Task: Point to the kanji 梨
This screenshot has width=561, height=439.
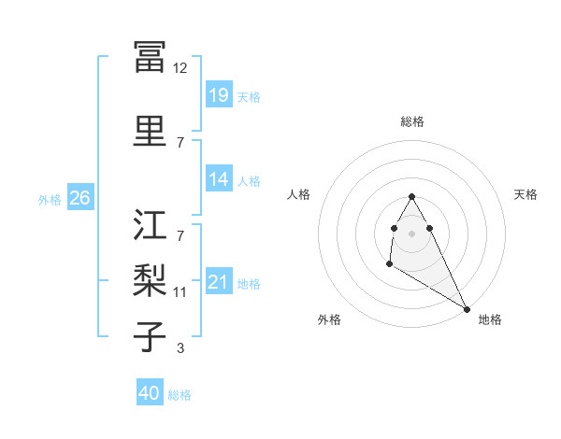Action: tap(150, 279)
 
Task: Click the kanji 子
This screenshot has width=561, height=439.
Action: tap(150, 335)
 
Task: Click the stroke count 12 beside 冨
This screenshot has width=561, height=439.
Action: tap(180, 68)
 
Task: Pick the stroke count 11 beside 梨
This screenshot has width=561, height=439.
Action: tap(180, 292)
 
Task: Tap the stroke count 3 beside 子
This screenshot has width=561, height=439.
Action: tap(180, 348)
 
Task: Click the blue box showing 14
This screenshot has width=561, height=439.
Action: tap(219, 179)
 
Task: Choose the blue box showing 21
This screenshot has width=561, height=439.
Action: tap(219, 282)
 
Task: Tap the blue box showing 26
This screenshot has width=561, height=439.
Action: tap(79, 198)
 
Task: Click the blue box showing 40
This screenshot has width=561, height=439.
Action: tap(150, 393)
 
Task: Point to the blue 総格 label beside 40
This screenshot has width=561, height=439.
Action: tap(180, 395)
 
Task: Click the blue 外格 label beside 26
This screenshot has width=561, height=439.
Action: tap(50, 199)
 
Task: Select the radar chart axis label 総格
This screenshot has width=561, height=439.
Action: tap(412, 121)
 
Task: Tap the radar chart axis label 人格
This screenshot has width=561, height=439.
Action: tap(298, 194)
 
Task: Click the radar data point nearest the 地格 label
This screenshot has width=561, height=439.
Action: tap(467, 308)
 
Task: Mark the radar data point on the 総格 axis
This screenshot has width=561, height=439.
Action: tap(412, 196)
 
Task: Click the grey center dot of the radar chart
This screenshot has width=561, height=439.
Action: tap(412, 233)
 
